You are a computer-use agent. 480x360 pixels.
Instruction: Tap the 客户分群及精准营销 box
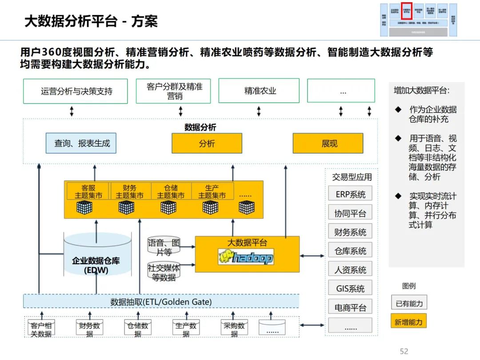(x=173, y=91)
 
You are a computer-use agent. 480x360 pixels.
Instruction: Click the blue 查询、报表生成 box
(x=81, y=143)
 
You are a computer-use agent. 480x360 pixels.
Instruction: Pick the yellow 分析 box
(x=207, y=143)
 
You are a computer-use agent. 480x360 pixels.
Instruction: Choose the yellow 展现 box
(x=328, y=143)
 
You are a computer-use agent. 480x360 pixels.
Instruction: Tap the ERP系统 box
(x=350, y=194)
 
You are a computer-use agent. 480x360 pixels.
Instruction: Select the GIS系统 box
(x=350, y=288)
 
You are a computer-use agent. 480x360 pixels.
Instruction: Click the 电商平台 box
(x=350, y=307)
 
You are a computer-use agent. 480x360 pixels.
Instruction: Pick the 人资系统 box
(x=350, y=270)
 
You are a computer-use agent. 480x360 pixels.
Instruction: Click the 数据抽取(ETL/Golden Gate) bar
(x=161, y=301)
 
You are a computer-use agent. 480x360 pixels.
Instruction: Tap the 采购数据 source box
(x=234, y=329)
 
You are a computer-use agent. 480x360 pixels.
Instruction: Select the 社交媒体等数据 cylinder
(x=164, y=272)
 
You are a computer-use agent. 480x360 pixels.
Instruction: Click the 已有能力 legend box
(x=409, y=304)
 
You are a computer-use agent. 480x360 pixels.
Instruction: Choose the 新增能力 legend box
(x=409, y=322)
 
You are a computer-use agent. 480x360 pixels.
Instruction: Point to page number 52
(x=404, y=352)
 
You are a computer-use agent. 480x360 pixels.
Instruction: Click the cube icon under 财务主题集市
(x=127, y=207)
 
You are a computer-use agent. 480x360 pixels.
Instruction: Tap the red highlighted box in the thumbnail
(x=407, y=11)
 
